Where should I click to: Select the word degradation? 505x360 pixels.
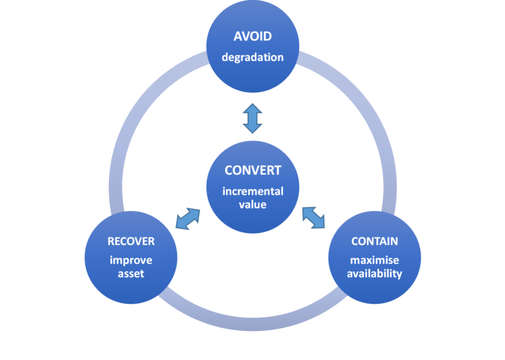point(252,57)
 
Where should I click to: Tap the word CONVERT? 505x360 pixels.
point(253,171)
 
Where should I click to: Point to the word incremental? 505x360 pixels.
point(253,191)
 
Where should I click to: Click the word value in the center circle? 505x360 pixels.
point(253,205)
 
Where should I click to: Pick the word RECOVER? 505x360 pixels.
point(131,241)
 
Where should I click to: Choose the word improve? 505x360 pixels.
point(131,260)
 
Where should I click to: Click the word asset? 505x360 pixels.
point(131,273)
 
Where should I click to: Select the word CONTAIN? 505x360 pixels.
point(374,241)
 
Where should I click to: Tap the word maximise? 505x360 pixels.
point(374,260)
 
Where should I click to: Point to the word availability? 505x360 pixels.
point(374,273)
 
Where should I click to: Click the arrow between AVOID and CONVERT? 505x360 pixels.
point(252,118)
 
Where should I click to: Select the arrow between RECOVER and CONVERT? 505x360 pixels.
point(187,219)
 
